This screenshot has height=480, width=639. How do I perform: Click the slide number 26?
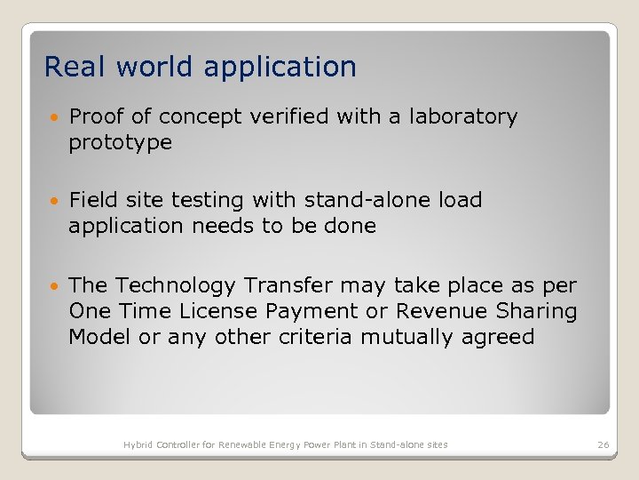(x=603, y=444)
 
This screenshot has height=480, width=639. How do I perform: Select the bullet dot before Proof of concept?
(x=55, y=117)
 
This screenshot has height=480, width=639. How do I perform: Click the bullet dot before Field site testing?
(x=55, y=201)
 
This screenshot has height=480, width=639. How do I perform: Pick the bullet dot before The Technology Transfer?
(x=55, y=286)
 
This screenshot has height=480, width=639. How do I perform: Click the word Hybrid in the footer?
(x=138, y=444)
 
